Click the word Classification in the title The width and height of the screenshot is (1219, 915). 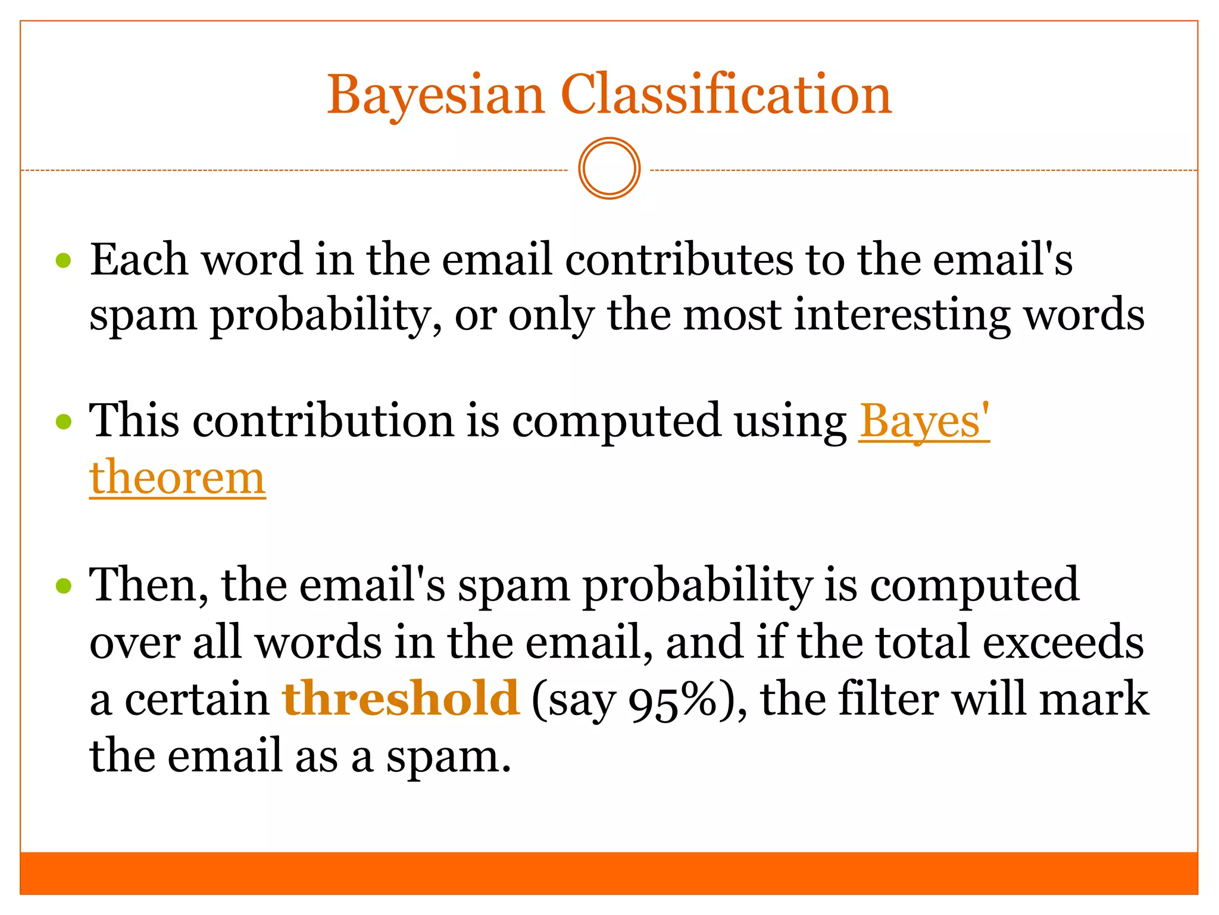click(x=726, y=95)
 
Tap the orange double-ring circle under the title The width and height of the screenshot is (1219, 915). click(x=609, y=169)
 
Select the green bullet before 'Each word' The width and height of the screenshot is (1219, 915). click(x=64, y=260)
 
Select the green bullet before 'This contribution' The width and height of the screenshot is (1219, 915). click(x=64, y=422)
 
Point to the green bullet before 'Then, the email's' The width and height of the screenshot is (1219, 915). click(x=64, y=586)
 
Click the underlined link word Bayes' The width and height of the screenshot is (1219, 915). click(x=923, y=422)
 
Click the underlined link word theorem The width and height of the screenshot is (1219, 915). click(x=177, y=478)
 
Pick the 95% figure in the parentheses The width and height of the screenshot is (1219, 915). click(x=673, y=701)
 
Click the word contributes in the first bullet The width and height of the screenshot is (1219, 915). click(x=679, y=260)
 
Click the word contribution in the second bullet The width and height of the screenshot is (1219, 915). click(x=324, y=422)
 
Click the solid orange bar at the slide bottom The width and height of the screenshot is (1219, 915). click(x=609, y=873)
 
